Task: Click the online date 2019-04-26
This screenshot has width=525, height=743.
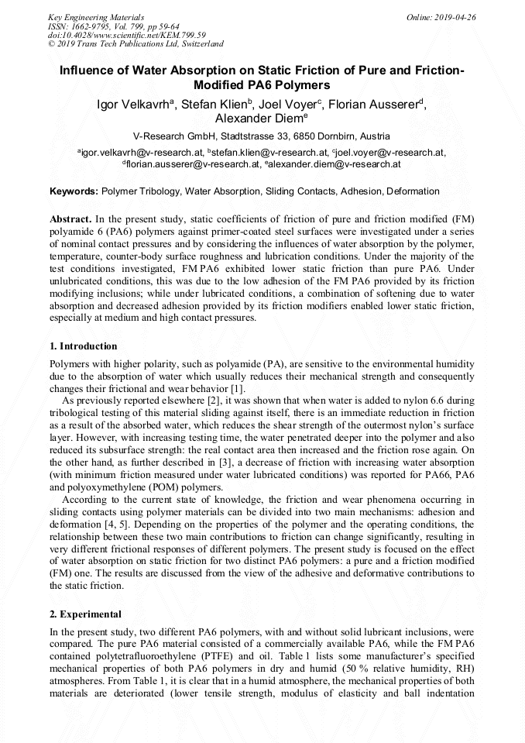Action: tap(453, 16)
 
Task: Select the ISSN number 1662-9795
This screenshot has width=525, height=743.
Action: tap(90, 26)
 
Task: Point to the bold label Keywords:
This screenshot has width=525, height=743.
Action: tap(74, 191)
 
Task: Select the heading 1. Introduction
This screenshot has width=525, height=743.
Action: tap(83, 346)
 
